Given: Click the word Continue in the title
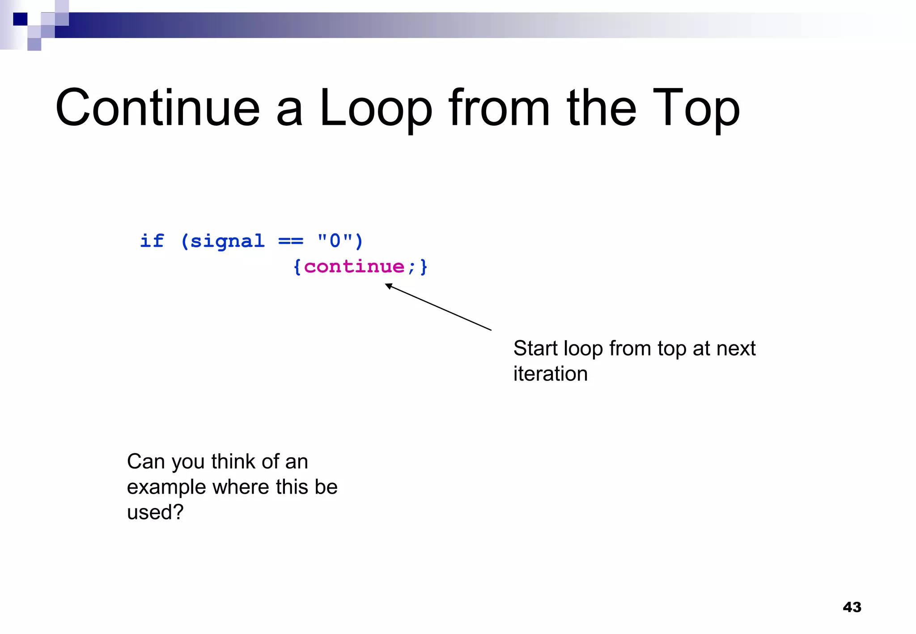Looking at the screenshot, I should click(x=157, y=108).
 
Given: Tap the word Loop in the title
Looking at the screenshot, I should click(x=376, y=108).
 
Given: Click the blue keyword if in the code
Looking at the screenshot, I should click(x=152, y=241).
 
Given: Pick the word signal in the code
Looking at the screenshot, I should click(x=227, y=241).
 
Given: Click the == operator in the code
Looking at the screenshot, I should click(x=290, y=241).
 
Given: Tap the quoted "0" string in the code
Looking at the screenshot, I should click(x=335, y=241).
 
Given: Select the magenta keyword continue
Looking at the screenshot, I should click(x=354, y=267).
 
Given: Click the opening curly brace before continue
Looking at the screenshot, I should click(x=297, y=267).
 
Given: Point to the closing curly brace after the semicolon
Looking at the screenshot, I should click(x=423, y=267).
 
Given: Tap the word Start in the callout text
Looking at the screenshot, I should click(x=535, y=348).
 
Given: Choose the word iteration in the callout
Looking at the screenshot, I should click(x=550, y=374).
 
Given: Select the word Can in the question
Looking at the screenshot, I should click(x=146, y=461).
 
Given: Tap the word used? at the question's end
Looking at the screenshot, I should click(x=155, y=512).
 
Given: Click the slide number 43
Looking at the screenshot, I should click(x=852, y=607).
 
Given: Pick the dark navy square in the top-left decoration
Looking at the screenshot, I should click(x=20, y=19).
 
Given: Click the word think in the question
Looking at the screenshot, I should click(x=234, y=461).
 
